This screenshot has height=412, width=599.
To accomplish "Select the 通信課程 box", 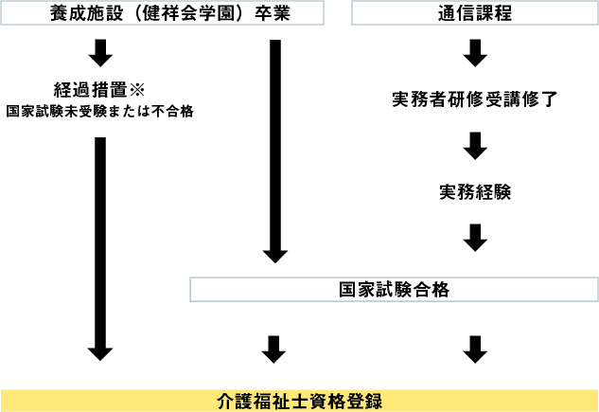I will pyautogui.click(x=476, y=13).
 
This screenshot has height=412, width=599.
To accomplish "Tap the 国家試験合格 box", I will pyautogui.click(x=394, y=290).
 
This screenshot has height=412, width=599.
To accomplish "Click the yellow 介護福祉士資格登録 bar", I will pyautogui.click(x=299, y=400).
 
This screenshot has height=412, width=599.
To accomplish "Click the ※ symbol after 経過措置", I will pyautogui.click(x=134, y=90).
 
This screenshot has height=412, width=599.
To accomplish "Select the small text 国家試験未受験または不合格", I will pyautogui.click(x=100, y=111).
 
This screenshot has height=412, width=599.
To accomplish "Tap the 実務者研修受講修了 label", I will pyautogui.click(x=475, y=99).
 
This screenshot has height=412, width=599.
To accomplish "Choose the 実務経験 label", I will pyautogui.click(x=475, y=191).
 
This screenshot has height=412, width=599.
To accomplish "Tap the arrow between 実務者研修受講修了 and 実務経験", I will pyautogui.click(x=476, y=146).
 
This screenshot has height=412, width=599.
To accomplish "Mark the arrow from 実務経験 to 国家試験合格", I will pyautogui.click(x=476, y=238).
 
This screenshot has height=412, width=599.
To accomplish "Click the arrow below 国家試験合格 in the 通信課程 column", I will pyautogui.click(x=476, y=349).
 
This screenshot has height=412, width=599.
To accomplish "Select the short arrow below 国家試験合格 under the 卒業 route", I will pyautogui.click(x=275, y=349).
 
